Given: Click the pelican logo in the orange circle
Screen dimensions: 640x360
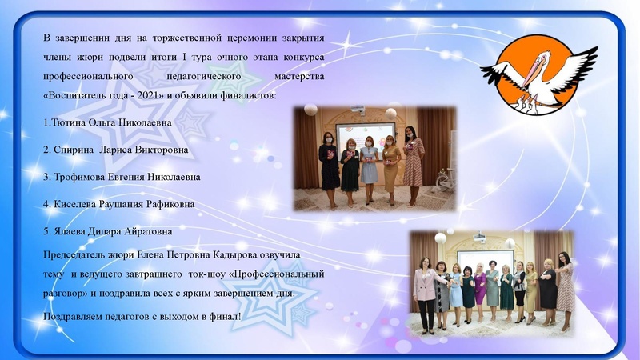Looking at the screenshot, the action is pos(538,74).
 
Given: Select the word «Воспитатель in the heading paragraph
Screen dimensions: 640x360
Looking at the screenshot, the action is pos(71,96).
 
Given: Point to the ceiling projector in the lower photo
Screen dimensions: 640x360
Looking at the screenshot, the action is pos(478,236).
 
